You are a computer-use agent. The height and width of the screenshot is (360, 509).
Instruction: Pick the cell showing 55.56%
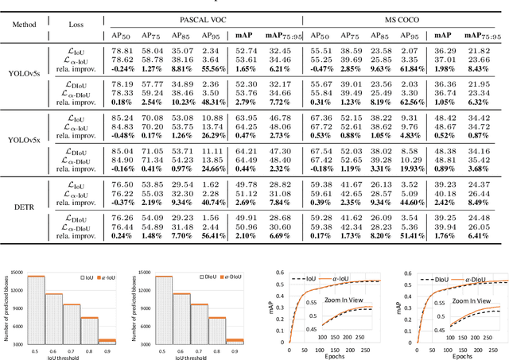tap(210, 69)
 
